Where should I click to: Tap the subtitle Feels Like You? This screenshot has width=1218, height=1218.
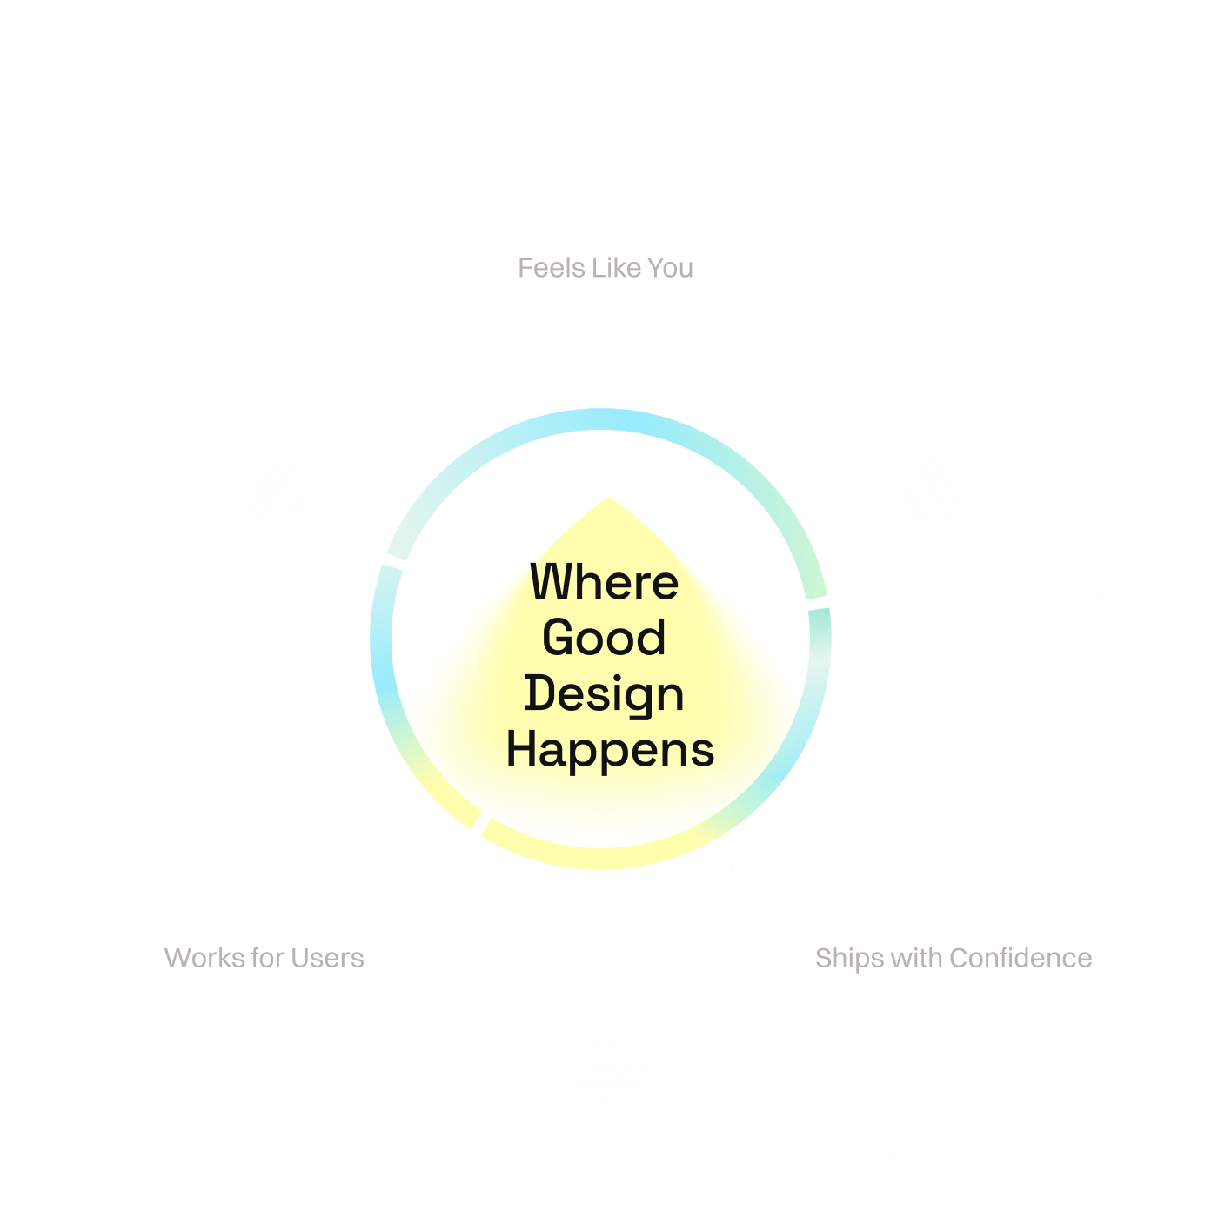coord(606,268)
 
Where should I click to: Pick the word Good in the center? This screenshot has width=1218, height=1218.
coord(604,638)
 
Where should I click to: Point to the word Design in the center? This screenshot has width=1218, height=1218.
coord(605,694)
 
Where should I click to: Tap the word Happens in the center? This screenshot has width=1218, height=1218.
coord(610,750)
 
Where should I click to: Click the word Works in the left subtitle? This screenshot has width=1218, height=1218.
coord(204,958)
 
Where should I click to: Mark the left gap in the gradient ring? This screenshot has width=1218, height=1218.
coord(392,564)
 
